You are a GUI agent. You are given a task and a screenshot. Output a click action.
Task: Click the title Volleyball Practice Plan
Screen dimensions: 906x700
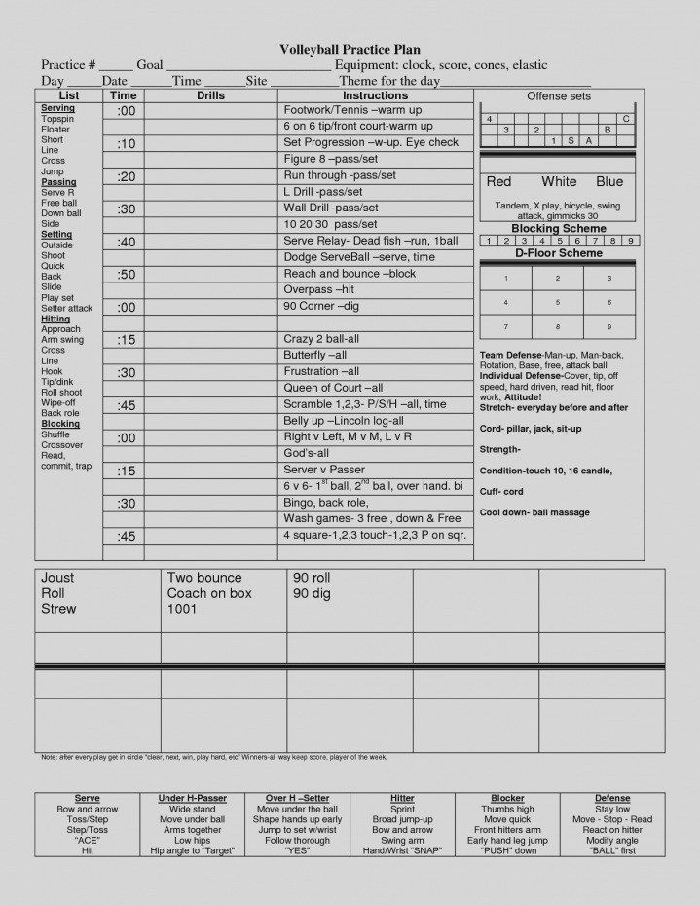[x=350, y=49]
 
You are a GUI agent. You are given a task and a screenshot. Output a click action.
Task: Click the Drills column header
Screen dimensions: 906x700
[x=210, y=96]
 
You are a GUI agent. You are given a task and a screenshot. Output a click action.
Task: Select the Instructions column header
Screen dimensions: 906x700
[x=375, y=96]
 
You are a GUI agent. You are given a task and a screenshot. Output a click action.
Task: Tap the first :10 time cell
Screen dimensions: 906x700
[x=126, y=144]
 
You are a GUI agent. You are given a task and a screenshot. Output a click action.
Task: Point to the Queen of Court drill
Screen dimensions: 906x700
[x=332, y=388]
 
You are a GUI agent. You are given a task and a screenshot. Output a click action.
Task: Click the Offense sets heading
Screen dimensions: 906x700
[x=558, y=96]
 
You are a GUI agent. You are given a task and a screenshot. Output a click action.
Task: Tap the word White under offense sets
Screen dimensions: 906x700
[x=559, y=182]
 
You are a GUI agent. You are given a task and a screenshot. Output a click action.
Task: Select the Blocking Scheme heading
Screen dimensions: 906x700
[x=558, y=229]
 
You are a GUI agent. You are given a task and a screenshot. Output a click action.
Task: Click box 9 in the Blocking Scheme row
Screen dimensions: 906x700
[x=631, y=241]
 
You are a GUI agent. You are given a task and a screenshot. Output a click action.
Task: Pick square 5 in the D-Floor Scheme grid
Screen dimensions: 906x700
[x=558, y=303]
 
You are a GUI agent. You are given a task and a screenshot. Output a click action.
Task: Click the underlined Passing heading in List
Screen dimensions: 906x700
[x=58, y=182]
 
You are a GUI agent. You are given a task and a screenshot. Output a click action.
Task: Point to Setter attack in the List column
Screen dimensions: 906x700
[x=67, y=309]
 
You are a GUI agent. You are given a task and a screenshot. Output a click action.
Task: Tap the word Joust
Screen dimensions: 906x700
[x=57, y=578]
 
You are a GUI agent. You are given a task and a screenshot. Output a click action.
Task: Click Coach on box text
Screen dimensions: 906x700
[x=209, y=593]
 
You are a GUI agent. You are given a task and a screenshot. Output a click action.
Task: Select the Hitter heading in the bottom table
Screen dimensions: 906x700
[x=402, y=799]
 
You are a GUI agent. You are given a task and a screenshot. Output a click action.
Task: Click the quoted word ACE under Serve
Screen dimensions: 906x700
[x=87, y=840]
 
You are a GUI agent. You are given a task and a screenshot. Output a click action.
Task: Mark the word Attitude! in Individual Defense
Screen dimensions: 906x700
[x=525, y=396]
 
